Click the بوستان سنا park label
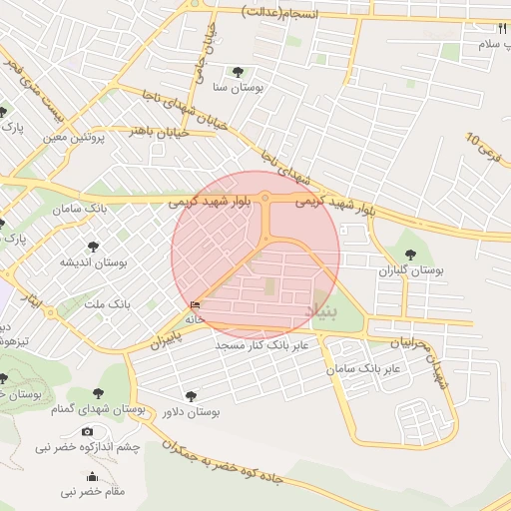point(238,88)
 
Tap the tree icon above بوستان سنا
point(238,71)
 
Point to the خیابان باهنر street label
point(155,129)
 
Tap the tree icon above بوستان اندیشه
point(93,246)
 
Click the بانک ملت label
point(106,302)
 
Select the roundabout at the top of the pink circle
point(265,199)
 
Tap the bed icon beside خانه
point(194,305)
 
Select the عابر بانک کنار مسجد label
point(264,344)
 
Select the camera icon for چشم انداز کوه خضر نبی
point(88,432)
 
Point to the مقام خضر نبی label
point(93,492)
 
